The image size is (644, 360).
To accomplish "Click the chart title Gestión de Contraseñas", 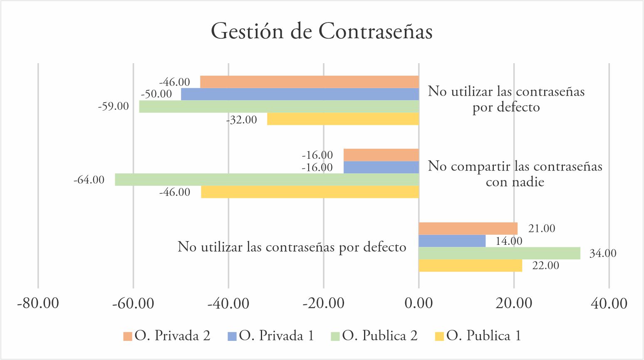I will click(x=322, y=32).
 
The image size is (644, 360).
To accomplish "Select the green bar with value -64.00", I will click(x=267, y=180).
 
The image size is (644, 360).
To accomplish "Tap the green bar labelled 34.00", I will click(x=499, y=253).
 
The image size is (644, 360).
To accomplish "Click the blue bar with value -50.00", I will click(x=300, y=94).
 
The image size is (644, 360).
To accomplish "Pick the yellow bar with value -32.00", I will click(x=343, y=119).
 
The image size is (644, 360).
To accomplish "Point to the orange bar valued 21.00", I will click(x=468, y=229).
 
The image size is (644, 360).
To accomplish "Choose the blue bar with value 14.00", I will click(x=452, y=241).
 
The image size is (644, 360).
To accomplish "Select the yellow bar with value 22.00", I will click(x=470, y=266).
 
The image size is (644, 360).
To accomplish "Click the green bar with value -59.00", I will click(x=279, y=106).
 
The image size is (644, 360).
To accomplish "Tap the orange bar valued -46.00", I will click(x=309, y=82).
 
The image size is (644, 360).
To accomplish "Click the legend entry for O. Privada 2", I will click(x=167, y=336).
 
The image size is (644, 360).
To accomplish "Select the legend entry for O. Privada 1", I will click(x=271, y=336).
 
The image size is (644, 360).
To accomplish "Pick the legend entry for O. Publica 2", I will click(x=374, y=336).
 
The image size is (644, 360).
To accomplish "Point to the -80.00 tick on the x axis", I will click(x=38, y=303).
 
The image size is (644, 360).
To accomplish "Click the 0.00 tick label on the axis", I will click(x=419, y=303).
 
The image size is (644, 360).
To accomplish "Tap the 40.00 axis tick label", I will click(x=609, y=303).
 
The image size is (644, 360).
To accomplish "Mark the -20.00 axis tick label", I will click(x=323, y=303).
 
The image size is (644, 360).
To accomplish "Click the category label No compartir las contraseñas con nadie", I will click(x=515, y=174).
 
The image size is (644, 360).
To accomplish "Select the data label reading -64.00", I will click(x=89, y=180).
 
